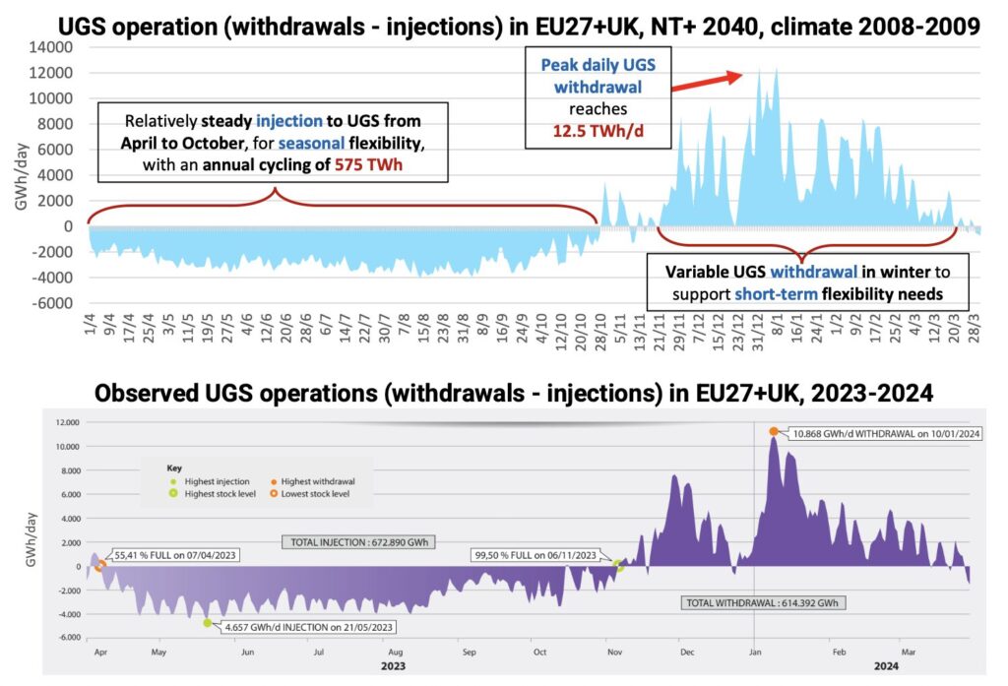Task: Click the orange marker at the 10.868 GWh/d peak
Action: tap(774, 431)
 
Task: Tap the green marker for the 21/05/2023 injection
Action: tap(208, 623)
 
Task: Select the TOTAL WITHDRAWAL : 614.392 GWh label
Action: tap(765, 602)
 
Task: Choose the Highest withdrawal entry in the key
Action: tap(314, 481)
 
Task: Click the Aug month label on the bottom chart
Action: tap(394, 652)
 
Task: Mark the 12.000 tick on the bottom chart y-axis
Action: tap(65, 423)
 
